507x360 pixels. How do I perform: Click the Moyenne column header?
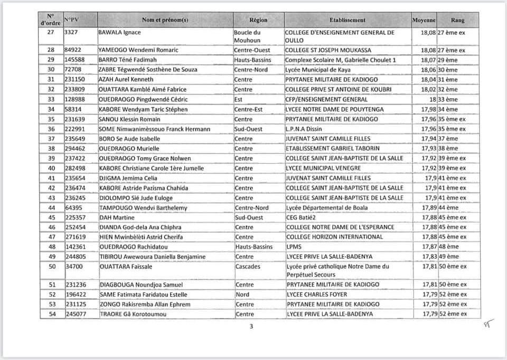pyautogui.click(x=424, y=20)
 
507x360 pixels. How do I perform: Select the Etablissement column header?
pyautogui.click(x=347, y=20)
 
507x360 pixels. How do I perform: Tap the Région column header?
pyautogui.click(x=258, y=20)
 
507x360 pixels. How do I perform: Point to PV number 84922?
pyautogui.click(x=73, y=50)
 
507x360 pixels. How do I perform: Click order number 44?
pyautogui.click(x=52, y=208)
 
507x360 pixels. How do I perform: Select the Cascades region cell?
pyautogui.click(x=248, y=267)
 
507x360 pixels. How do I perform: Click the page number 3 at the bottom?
pyautogui.click(x=251, y=326)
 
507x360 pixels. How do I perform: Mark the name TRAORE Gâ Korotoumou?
pyautogui.click(x=133, y=314)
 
